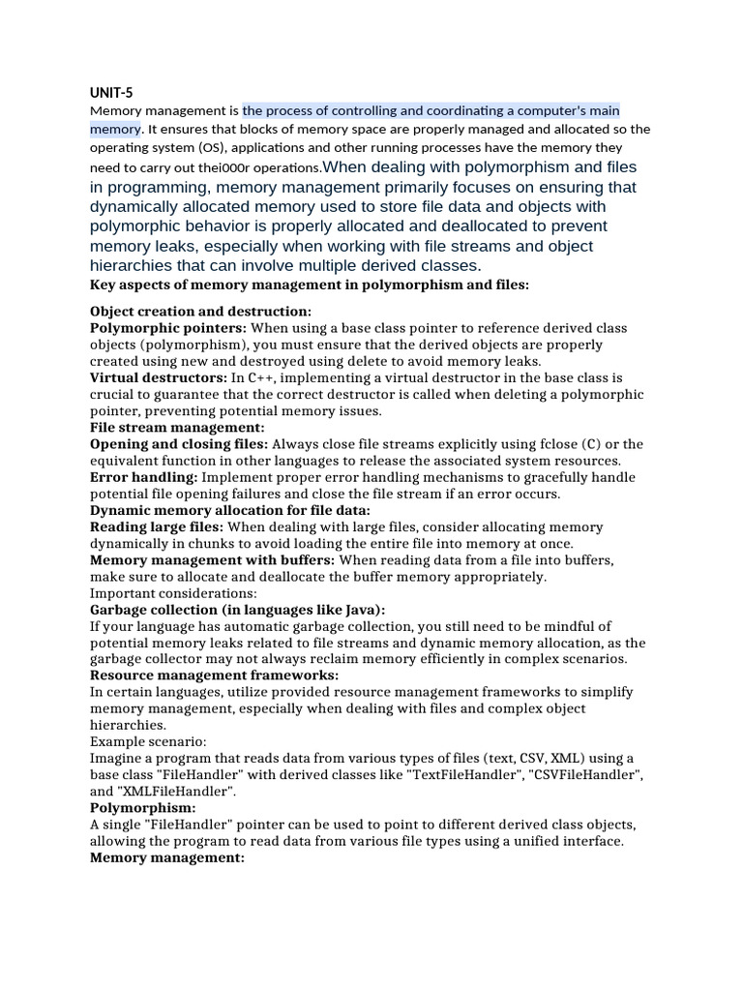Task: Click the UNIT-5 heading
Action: coord(111,93)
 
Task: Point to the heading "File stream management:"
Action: coord(177,427)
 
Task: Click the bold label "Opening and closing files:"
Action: coord(179,443)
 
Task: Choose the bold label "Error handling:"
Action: coord(143,477)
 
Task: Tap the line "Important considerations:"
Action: coord(173,593)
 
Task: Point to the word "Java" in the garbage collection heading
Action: coord(360,610)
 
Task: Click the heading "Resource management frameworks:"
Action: coord(214,676)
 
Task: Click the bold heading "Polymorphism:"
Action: coord(143,807)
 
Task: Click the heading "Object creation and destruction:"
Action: coord(200,312)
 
